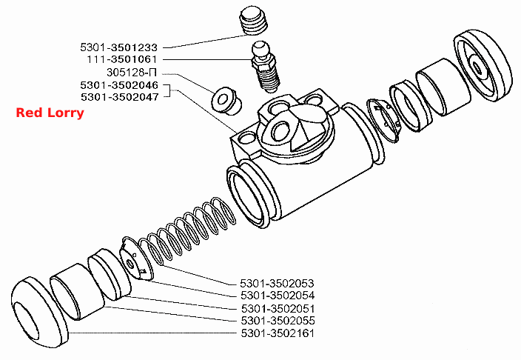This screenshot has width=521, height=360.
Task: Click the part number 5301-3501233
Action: (118, 47)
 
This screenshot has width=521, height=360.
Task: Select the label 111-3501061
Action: (121, 59)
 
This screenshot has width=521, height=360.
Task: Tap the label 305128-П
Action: (132, 72)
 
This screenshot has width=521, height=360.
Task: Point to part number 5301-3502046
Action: (119, 85)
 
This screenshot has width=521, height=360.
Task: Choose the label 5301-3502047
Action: (120, 97)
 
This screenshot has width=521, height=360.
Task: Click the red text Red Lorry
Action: (50, 113)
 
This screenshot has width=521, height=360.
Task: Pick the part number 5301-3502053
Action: (277, 284)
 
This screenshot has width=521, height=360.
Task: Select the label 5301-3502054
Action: (278, 296)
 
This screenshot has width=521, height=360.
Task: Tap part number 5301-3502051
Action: (278, 308)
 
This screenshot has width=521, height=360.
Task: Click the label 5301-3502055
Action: (278, 321)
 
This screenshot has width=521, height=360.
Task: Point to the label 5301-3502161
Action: (278, 333)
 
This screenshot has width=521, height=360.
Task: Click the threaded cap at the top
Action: (254, 21)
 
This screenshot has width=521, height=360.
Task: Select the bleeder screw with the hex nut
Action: (266, 67)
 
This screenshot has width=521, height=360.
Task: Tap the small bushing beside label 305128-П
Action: (226, 101)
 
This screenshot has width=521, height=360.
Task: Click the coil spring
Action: (188, 231)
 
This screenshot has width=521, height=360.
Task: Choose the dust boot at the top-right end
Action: (483, 65)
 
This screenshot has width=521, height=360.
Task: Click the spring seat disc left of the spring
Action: (137, 259)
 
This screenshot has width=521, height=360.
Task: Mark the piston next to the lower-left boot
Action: (77, 291)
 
